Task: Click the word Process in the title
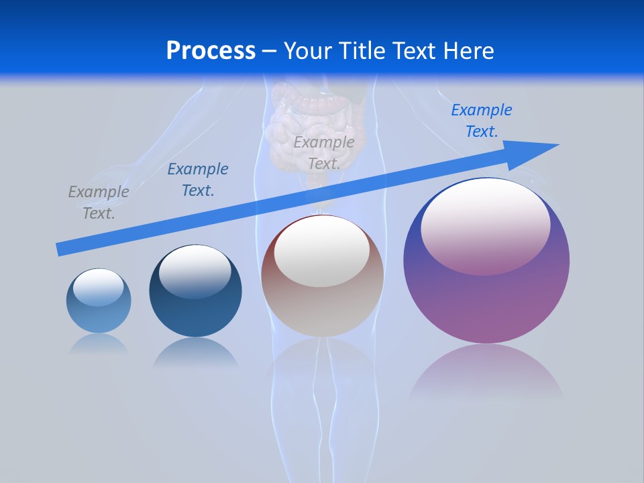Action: [211, 50]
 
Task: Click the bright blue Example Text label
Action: [481, 121]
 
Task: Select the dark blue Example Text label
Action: [198, 180]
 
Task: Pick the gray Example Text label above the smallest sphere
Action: [99, 203]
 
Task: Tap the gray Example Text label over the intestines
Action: [324, 153]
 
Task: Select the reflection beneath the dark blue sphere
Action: [195, 352]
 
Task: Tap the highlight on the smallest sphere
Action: [98, 287]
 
